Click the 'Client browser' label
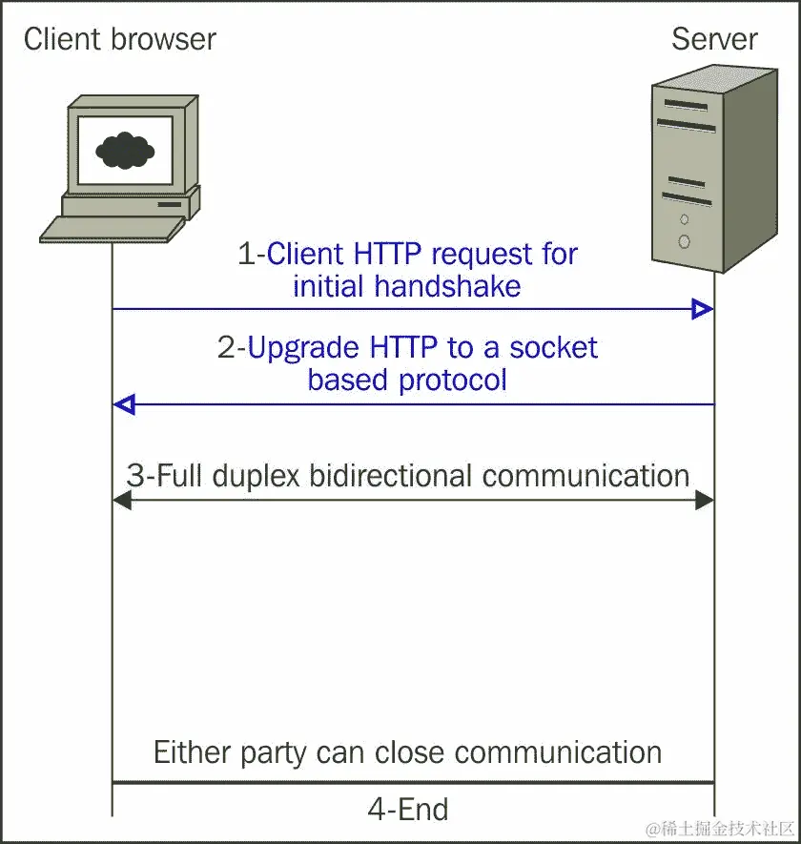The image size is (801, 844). point(119,39)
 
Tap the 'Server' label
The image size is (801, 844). point(714,39)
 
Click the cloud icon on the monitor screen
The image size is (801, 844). point(125,149)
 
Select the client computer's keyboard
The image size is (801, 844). point(112,229)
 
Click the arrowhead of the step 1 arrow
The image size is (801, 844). point(703,309)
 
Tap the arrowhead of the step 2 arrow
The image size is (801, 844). point(124,404)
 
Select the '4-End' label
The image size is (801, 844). point(407,810)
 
